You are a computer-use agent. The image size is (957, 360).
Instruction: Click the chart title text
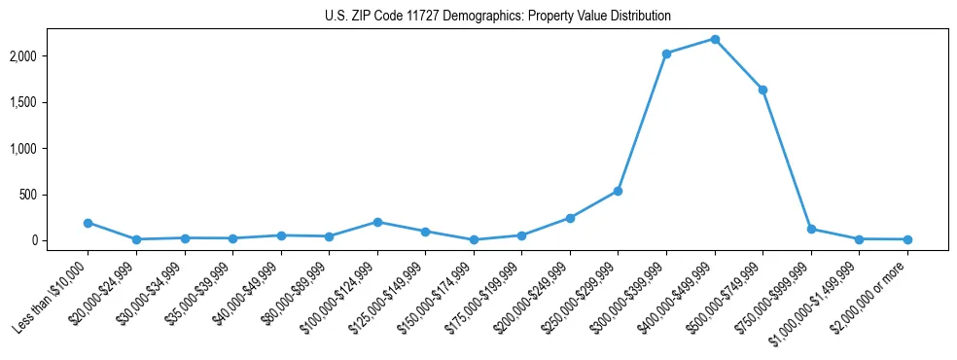[x=497, y=17]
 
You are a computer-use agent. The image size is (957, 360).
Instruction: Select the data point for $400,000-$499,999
[x=715, y=39]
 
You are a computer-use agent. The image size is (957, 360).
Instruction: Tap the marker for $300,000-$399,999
[x=666, y=54]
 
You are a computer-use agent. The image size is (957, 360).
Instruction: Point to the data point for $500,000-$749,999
[x=762, y=90]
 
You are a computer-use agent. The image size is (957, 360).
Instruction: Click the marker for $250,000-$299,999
[x=618, y=191]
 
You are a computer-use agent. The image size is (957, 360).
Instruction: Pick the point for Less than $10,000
[x=88, y=223]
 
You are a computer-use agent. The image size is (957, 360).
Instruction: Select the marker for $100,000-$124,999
[x=377, y=222]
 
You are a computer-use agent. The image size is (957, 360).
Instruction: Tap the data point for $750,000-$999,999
[x=811, y=230]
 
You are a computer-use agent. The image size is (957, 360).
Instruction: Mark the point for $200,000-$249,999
[x=570, y=218]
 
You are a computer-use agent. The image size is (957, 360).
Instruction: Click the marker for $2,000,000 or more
[x=907, y=239]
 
